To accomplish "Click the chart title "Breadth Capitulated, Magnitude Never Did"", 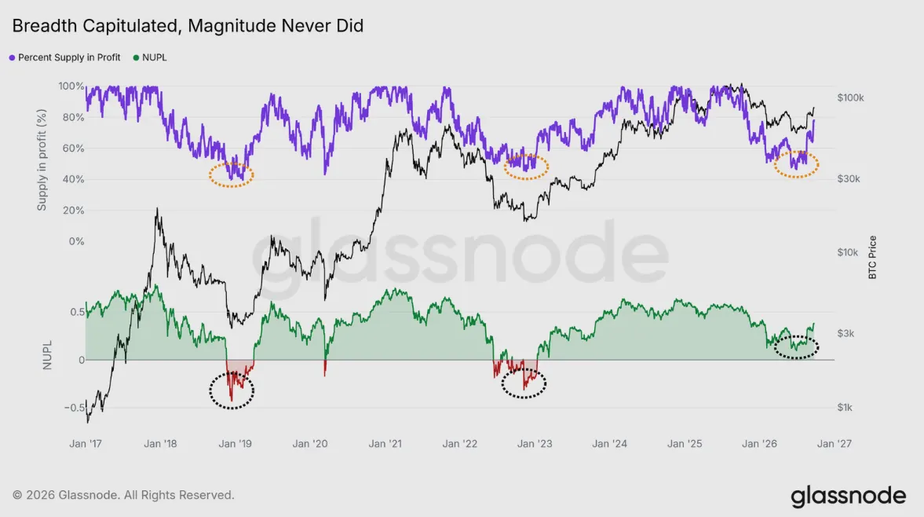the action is tap(188, 26).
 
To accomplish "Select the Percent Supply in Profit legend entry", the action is tap(65, 57).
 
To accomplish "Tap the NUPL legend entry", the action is tap(150, 57).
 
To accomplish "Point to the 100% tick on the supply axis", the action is tap(71, 86).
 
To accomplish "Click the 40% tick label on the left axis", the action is tap(73, 179).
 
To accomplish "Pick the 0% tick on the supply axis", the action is tap(77, 241).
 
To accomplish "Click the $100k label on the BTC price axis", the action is tap(850, 98).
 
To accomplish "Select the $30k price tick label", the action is tap(849, 178).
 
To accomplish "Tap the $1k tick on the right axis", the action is tap(845, 407).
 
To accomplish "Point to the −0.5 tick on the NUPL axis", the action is tap(75, 407).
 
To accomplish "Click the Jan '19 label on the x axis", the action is tap(236, 443).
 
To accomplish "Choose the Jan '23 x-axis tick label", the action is tap(535, 443).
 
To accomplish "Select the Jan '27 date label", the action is tap(834, 443).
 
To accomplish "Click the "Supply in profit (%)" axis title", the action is tap(42, 159).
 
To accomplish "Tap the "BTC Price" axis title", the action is tap(873, 258).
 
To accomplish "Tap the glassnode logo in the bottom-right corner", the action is tap(849, 497).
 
